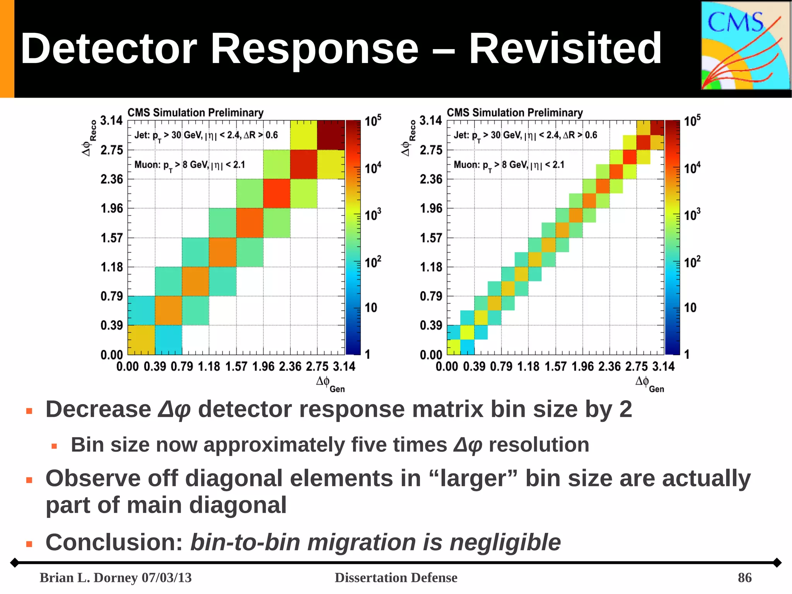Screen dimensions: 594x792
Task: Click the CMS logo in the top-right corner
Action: tap(745, 46)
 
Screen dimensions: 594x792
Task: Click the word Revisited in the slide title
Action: tap(565, 49)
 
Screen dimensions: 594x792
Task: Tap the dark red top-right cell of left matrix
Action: tap(331, 135)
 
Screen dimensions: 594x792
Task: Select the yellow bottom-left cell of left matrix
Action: tap(141, 340)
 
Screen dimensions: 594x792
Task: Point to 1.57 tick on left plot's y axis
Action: tap(112, 238)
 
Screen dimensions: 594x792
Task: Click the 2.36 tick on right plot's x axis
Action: tap(609, 366)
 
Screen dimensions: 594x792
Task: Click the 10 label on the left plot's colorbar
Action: tap(370, 308)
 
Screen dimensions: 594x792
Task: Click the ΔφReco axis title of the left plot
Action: tap(89, 138)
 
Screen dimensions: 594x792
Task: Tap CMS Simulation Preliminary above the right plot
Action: tap(514, 113)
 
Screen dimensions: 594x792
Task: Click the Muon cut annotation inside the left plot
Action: tap(189, 165)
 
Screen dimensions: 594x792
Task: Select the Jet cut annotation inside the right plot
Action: tap(525, 135)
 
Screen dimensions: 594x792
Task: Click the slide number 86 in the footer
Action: tap(744, 577)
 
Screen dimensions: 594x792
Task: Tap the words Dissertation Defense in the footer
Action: tap(396, 577)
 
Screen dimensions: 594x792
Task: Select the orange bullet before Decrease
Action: tap(29, 411)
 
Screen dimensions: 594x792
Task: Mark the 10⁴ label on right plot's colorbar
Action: tap(692, 168)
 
